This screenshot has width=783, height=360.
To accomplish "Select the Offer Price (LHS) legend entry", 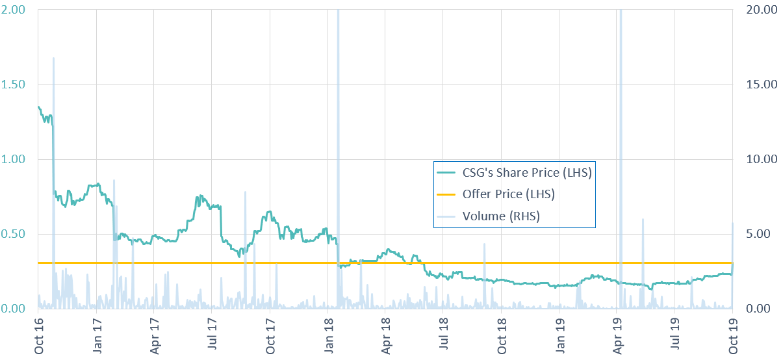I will click(508, 194).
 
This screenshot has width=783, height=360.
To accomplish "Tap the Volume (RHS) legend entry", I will click(501, 216).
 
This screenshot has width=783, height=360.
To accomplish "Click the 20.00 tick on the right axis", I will click(758, 10).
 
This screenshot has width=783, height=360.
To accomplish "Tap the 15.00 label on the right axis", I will click(758, 84).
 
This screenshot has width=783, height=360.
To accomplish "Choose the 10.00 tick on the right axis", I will click(758, 159).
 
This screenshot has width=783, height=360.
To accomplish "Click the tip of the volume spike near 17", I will click(53, 58).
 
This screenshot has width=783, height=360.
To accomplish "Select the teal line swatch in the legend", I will click(447, 173).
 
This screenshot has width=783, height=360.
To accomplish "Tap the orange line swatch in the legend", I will click(447, 194).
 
